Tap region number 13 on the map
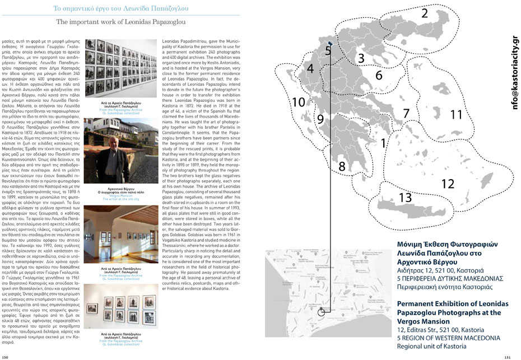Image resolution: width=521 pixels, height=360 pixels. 406,198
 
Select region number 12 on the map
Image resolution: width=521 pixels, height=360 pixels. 447,184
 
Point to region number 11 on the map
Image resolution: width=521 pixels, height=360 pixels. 457,114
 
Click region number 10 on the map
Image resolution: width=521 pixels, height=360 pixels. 299,102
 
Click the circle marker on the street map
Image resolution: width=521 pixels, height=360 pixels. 321,312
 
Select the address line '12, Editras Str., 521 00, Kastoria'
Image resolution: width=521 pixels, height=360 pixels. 437,331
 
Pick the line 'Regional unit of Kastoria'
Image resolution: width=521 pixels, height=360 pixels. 431,347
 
